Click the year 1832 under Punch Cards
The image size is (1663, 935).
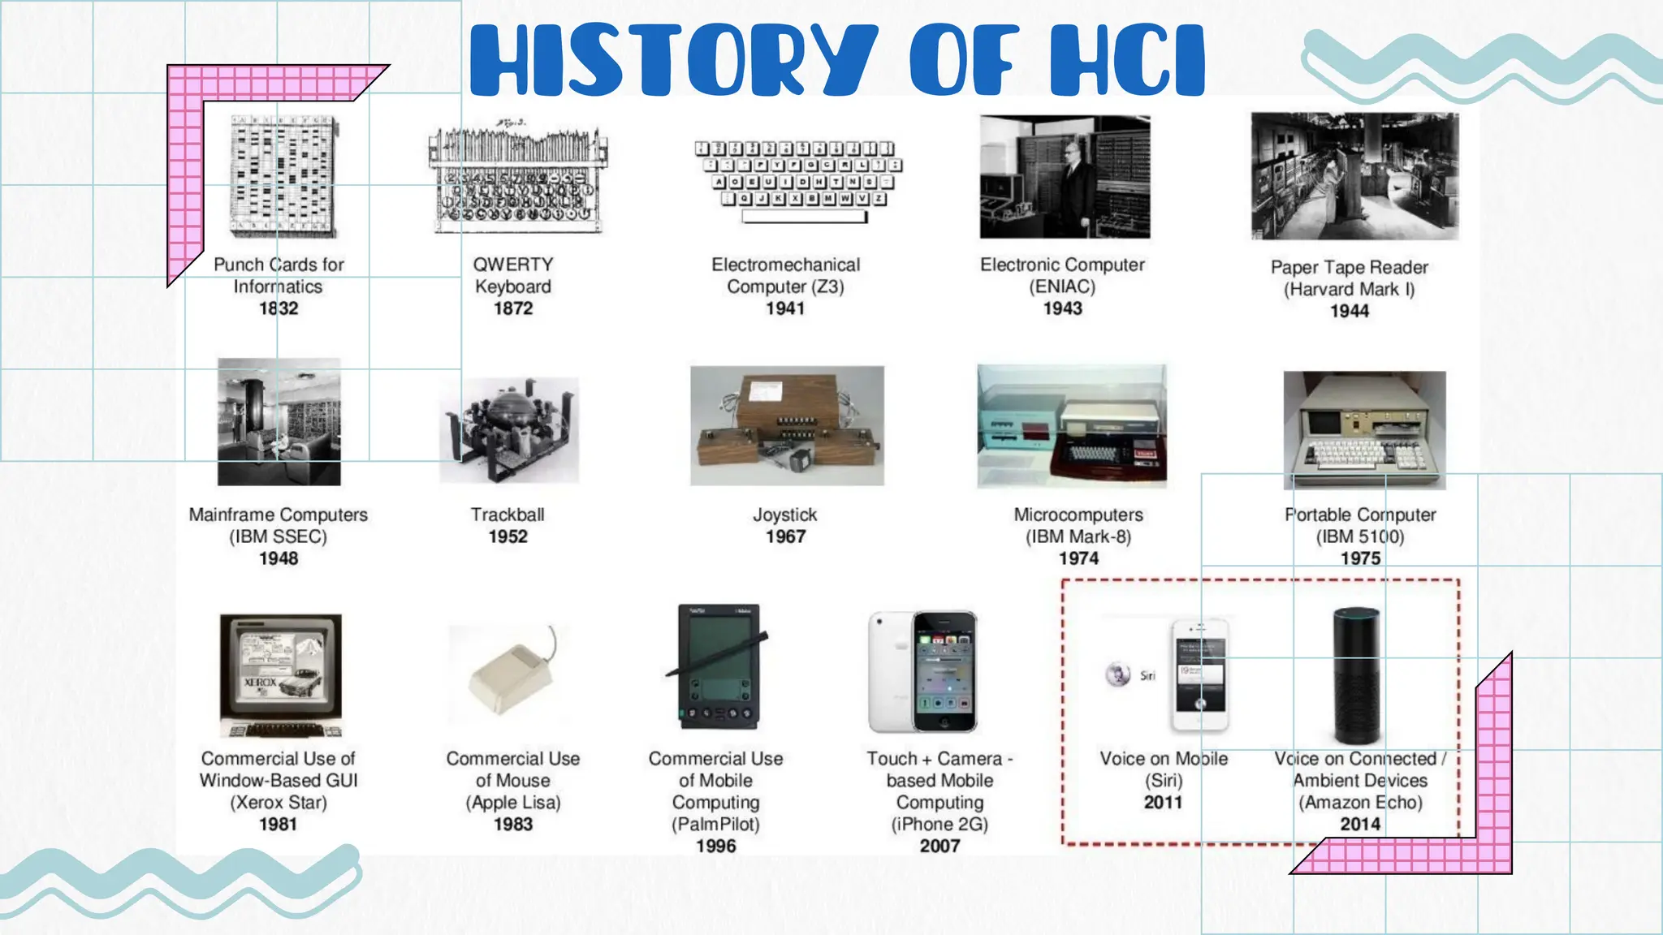[279, 308]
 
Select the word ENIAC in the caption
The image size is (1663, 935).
[1062, 287]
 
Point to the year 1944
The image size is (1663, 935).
[1349, 311]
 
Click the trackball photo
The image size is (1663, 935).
[509, 430]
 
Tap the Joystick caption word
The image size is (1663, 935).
[784, 515]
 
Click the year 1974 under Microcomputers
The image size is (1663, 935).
[1078, 558]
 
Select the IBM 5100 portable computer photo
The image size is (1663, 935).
[1364, 430]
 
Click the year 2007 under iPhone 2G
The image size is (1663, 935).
[939, 846]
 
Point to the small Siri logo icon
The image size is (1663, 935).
[1118, 674]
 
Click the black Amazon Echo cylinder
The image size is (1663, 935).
[1356, 675]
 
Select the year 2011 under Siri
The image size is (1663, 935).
[1163, 802]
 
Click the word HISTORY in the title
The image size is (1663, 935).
[674, 61]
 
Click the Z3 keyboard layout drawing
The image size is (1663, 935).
[799, 180]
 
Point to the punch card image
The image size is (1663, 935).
[282, 176]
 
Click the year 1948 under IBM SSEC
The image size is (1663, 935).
[279, 558]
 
